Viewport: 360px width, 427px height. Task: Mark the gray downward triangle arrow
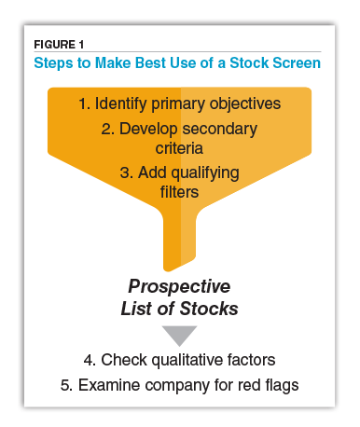point(179,335)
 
